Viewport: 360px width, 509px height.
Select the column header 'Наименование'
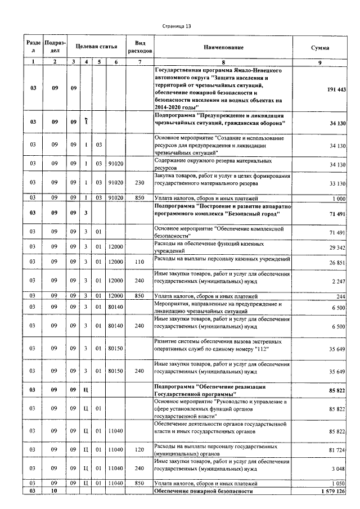[224, 48]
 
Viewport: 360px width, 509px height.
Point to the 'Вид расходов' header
[140, 47]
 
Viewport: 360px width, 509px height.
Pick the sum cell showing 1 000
[339, 199]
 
